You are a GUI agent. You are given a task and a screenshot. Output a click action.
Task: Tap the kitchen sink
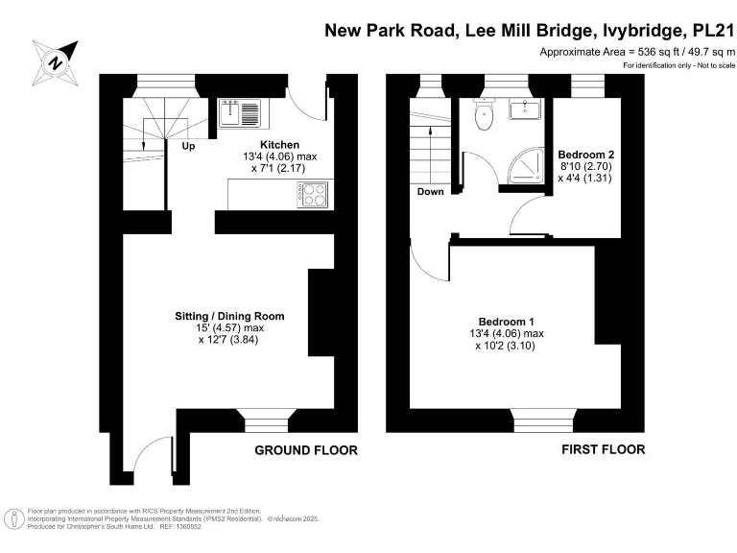point(236,112)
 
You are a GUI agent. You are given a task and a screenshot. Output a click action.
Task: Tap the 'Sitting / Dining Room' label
point(229,316)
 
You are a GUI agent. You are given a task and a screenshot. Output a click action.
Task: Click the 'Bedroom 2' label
point(586,155)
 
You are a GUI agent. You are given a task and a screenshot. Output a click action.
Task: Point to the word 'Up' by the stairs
point(188,147)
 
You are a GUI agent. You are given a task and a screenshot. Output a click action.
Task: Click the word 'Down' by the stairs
point(431,192)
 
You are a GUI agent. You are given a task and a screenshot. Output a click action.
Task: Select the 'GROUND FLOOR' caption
point(306,450)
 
